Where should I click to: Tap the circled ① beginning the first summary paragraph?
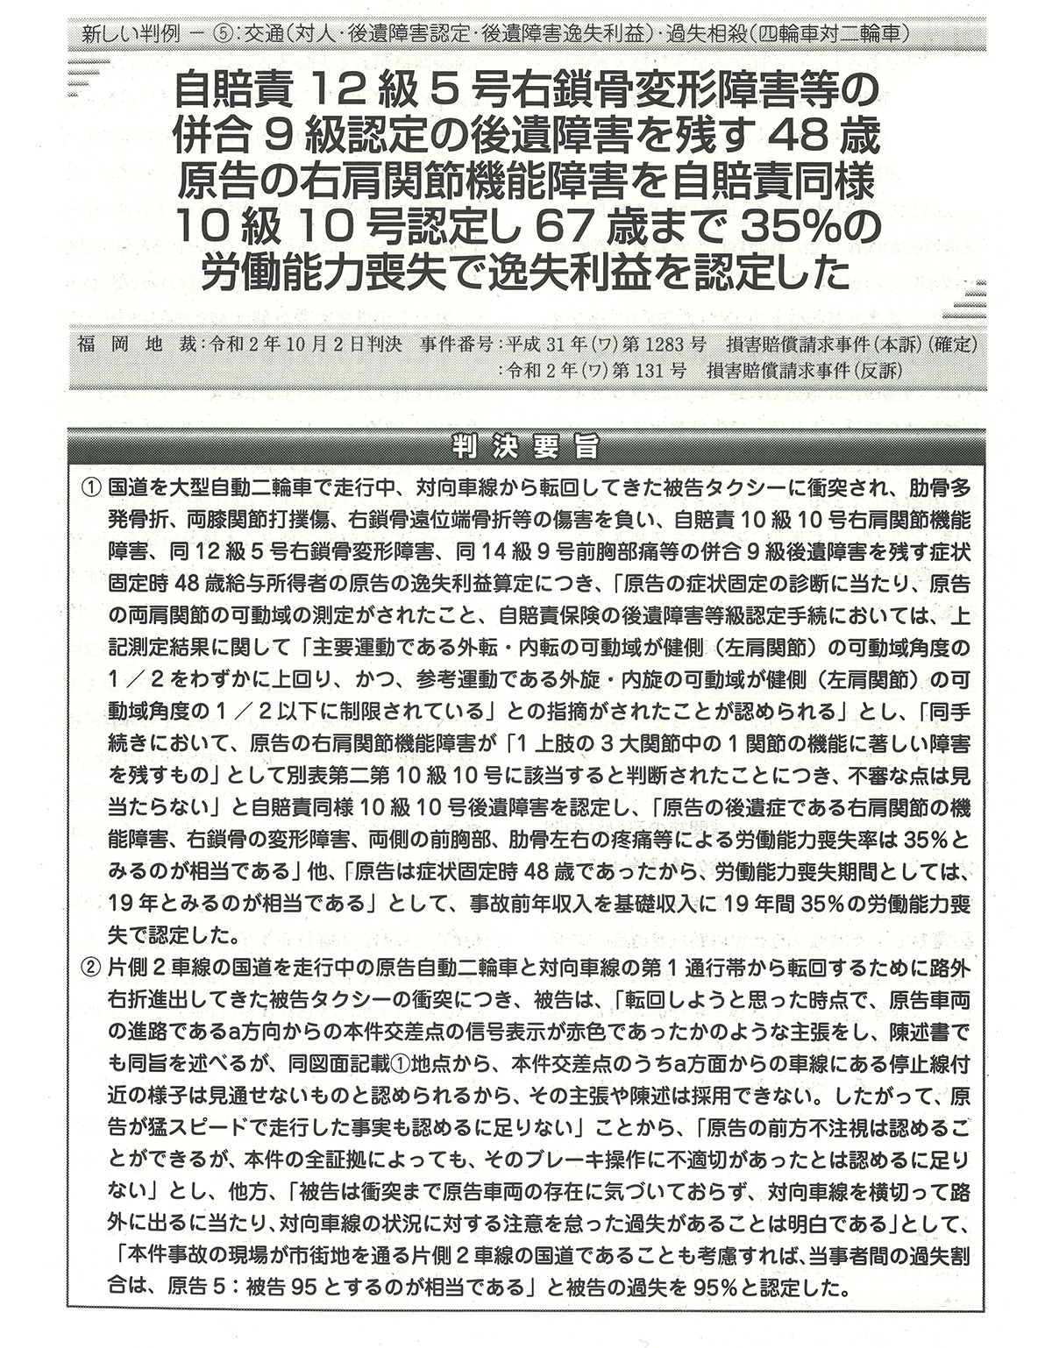[92, 487]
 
